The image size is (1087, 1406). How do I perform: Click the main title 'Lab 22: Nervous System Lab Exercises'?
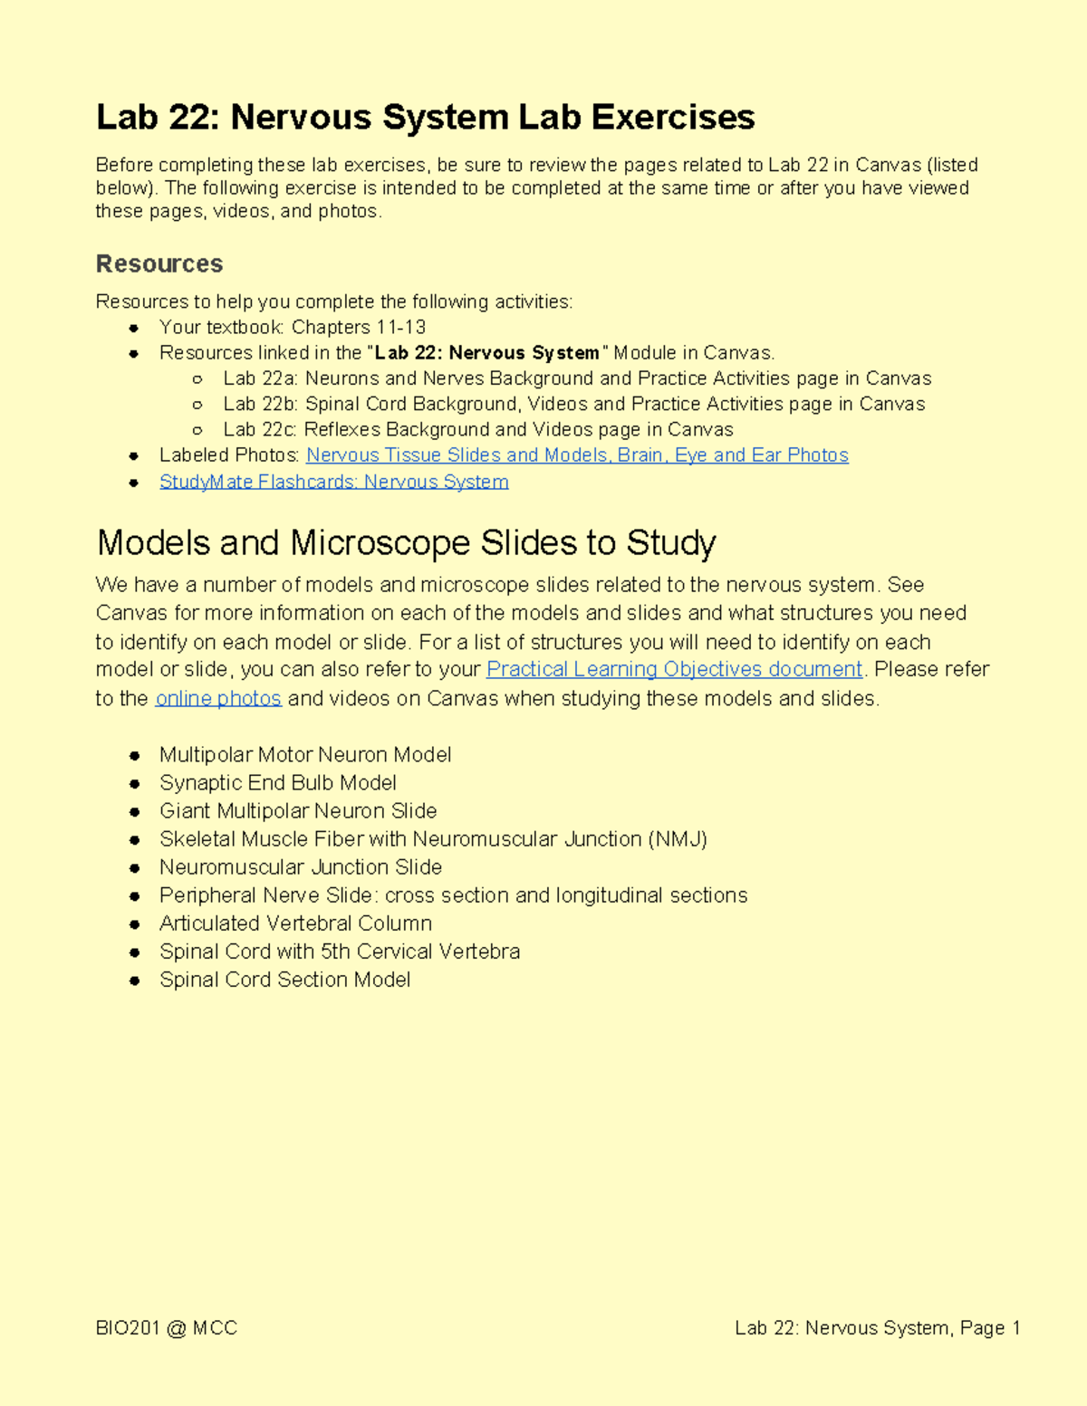coord(425,118)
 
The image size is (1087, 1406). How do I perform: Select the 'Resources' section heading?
coord(159,263)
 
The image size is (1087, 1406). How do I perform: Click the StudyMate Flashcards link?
coord(333,482)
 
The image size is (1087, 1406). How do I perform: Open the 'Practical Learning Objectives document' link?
coord(674,669)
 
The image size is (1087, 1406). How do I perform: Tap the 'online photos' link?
coord(218,698)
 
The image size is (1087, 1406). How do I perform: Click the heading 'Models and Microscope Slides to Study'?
coord(406,542)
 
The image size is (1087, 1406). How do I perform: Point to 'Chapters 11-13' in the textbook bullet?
coord(359,327)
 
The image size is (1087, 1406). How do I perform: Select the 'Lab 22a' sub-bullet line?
coord(577,378)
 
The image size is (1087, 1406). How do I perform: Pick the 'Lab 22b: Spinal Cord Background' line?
coord(573,404)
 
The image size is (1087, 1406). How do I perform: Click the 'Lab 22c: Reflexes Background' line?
coord(477,429)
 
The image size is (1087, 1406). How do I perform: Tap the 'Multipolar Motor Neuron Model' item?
coord(305,755)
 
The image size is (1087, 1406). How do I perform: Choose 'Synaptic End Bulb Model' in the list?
coord(278,783)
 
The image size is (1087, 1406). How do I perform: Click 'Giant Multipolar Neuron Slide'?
coord(298,811)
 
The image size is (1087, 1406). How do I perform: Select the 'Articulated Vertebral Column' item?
coord(295,923)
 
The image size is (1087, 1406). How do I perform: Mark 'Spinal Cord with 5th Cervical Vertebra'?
coord(340,952)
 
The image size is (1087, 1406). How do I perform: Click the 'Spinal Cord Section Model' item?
coord(284,980)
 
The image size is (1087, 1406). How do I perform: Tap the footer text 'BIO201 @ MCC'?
coord(167,1328)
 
